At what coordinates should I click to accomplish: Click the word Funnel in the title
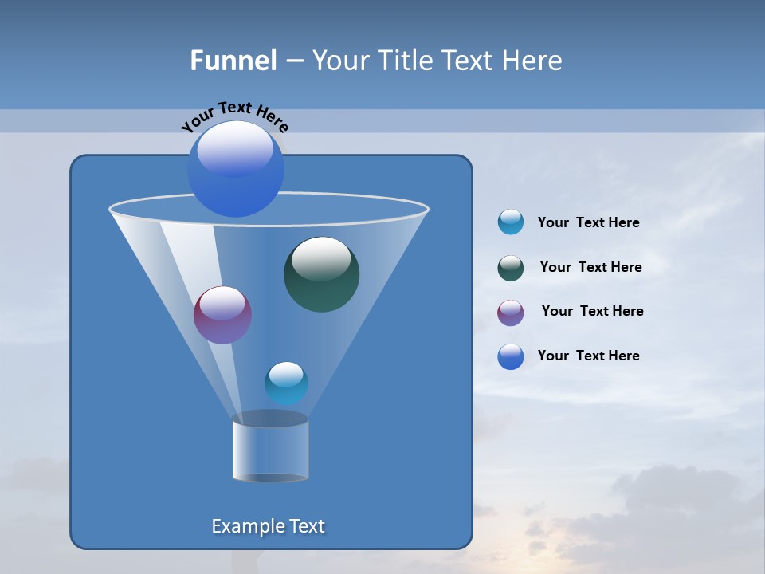tap(233, 61)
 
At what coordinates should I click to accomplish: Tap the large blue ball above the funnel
tap(235, 168)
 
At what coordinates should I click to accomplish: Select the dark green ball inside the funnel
tap(321, 274)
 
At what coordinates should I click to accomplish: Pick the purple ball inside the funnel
tap(222, 315)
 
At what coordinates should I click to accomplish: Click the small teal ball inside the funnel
tap(286, 383)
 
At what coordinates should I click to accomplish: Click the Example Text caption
tap(269, 526)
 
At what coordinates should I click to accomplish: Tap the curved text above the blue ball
tap(234, 115)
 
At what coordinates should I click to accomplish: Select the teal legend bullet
tap(511, 222)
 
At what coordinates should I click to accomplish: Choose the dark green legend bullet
tap(511, 268)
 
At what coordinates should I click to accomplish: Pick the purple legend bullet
tap(511, 313)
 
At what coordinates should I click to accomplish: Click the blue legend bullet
tap(511, 356)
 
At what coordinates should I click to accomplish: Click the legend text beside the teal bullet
tap(588, 223)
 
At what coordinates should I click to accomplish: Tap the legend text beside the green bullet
tap(590, 268)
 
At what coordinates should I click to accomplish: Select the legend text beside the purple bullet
tap(592, 312)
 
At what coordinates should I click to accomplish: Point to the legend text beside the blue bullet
tap(588, 356)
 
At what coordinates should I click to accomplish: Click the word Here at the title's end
tap(533, 61)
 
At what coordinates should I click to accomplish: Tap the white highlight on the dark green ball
tap(321, 258)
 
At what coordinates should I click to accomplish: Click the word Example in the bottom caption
tap(245, 526)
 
